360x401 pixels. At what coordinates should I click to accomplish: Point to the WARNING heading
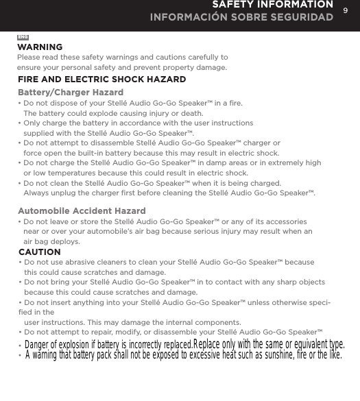(40, 47)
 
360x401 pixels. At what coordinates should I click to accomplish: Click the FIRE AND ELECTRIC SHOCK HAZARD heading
(101, 80)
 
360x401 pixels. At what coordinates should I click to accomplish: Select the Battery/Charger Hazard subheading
(71, 92)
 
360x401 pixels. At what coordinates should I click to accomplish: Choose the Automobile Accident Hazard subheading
(82, 210)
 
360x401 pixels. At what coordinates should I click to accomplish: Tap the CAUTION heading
(40, 252)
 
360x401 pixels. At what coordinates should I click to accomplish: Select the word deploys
(60, 242)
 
